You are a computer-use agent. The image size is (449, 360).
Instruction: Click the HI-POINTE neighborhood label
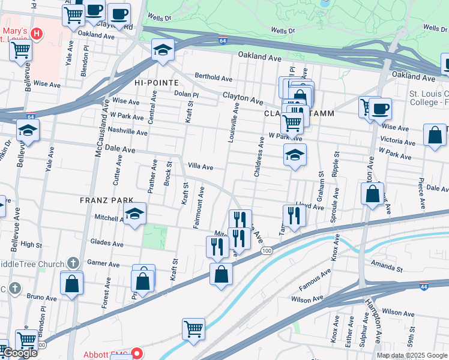tap(157, 82)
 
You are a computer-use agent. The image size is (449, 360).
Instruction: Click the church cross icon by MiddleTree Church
tap(73, 263)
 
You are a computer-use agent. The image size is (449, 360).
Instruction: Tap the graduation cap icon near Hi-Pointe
tap(162, 50)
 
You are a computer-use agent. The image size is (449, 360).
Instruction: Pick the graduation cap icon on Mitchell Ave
tap(134, 214)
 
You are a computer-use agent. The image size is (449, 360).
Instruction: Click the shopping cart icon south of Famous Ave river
tap(193, 328)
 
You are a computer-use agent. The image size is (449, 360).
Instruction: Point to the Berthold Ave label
tap(213, 78)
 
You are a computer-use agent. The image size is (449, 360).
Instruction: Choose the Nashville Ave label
tap(128, 133)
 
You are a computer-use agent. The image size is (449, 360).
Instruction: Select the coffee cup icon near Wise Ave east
tap(379, 109)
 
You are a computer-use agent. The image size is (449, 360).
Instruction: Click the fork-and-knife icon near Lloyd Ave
tap(293, 216)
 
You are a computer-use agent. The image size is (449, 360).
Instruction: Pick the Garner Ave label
tap(103, 263)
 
